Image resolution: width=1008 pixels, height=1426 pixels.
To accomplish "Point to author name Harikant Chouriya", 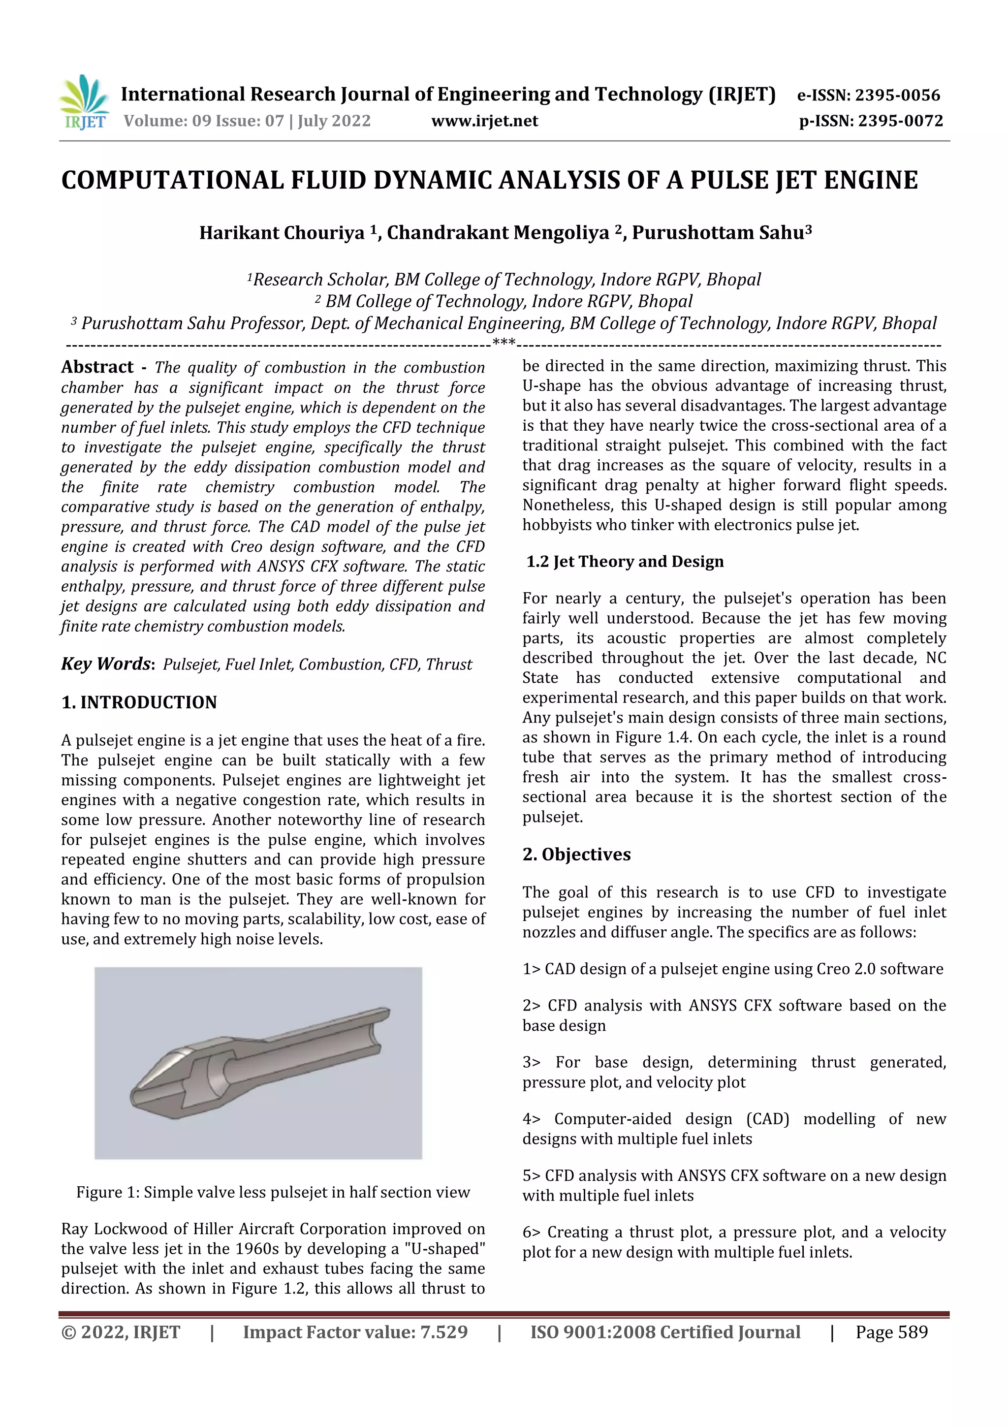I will click(x=282, y=232).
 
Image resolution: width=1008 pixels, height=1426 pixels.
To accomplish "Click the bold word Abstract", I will click(x=97, y=367).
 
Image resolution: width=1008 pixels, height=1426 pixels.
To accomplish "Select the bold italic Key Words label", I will click(x=107, y=664).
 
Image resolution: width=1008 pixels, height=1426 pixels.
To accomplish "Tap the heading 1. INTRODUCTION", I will click(x=139, y=702).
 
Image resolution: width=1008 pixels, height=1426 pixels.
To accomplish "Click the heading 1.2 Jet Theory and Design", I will click(x=625, y=562).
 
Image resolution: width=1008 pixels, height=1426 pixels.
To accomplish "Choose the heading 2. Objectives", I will click(x=576, y=855).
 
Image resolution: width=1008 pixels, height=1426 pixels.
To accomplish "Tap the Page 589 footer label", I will click(x=891, y=1331).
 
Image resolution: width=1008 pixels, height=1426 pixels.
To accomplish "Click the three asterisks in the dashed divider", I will click(x=503, y=342).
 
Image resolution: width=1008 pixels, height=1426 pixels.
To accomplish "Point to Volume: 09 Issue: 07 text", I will click(x=247, y=121).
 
